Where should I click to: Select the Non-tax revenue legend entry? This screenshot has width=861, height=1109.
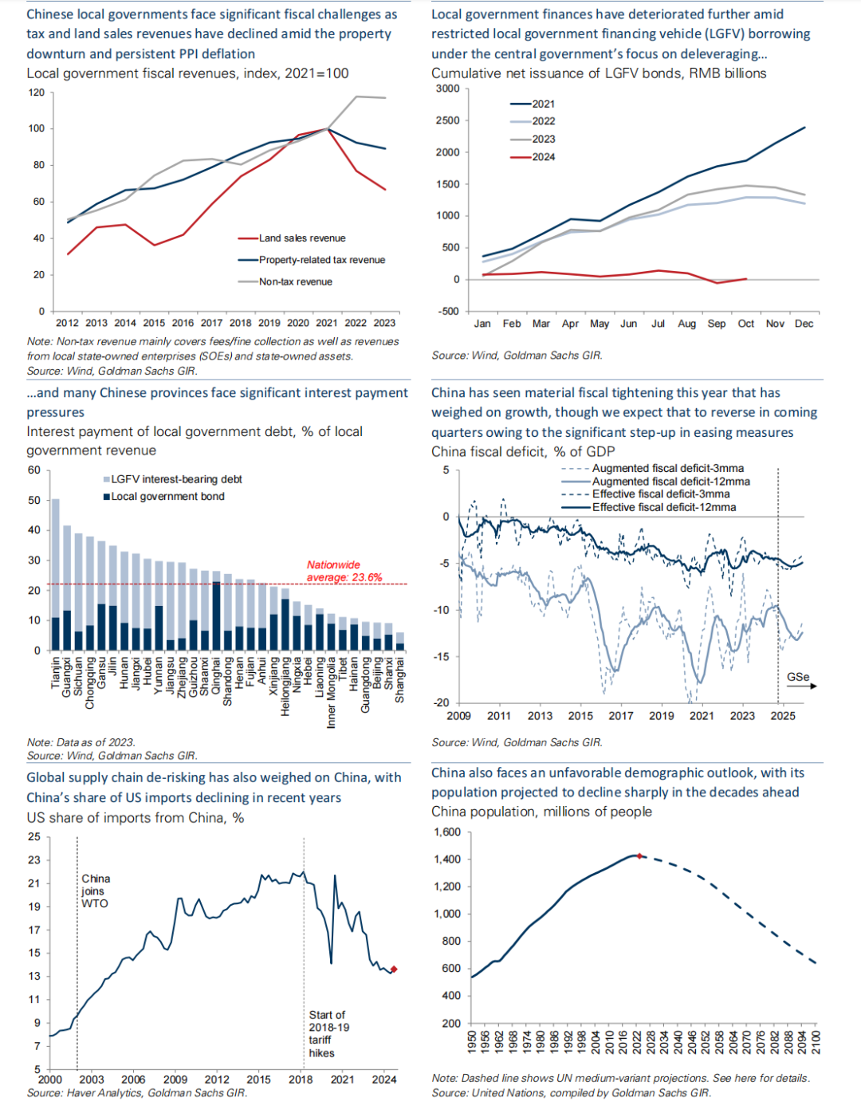point(295,281)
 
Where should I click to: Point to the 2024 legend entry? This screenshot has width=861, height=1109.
point(544,157)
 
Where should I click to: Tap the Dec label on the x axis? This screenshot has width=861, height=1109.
point(804,324)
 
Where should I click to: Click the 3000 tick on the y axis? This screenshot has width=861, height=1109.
point(448,88)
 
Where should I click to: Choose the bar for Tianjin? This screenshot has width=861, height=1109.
point(56,574)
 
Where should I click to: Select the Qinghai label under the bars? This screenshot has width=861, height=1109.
point(216,678)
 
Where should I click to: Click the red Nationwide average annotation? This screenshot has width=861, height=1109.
point(344,571)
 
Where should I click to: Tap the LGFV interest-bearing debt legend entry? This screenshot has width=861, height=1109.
point(176,479)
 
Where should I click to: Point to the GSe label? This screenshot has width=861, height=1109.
point(798,677)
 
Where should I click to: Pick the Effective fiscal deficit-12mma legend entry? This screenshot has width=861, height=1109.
point(664,507)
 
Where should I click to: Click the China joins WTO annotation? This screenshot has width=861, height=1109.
point(95,891)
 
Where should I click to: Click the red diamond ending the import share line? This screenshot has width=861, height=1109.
point(394,969)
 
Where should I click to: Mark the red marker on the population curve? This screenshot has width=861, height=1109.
point(639,855)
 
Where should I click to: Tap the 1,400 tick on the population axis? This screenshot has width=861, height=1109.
point(447,859)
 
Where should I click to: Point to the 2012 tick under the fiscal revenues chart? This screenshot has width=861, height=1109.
point(67,323)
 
